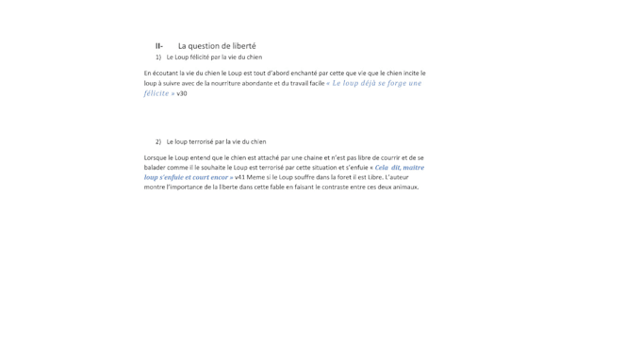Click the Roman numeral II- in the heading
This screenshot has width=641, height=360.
159,46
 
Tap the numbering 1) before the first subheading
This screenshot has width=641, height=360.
158,57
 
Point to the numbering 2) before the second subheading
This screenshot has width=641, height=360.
158,142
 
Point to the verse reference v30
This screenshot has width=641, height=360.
182,93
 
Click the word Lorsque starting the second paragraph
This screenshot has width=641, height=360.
156,158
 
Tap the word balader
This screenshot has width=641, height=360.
156,168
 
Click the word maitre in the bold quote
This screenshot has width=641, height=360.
414,168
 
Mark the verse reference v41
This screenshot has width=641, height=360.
240,177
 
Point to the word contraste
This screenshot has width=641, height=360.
342,187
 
